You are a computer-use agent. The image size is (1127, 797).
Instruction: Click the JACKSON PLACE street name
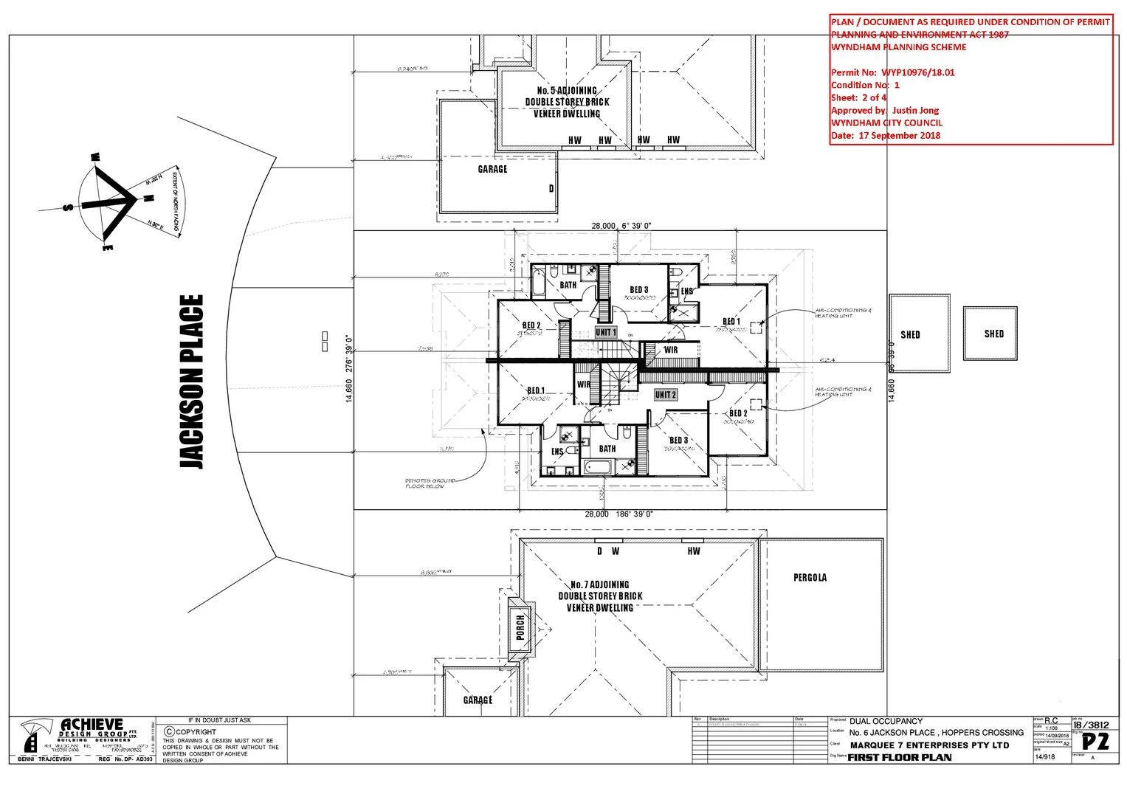tap(191, 381)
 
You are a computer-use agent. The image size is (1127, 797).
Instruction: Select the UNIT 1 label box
tap(605, 332)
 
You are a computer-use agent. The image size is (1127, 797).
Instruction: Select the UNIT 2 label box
tap(665, 395)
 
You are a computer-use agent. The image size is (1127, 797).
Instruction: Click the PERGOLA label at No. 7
tap(810, 578)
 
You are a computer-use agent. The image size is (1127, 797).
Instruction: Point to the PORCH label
tap(520, 627)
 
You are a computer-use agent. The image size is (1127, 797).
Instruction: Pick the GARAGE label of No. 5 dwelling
tap(492, 169)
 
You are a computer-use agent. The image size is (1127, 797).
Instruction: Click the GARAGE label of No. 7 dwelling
tap(478, 700)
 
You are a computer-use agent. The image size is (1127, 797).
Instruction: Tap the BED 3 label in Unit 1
tap(638, 290)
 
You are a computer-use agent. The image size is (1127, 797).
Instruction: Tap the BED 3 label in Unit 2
tap(678, 441)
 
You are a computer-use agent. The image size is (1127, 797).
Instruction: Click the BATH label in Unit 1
tap(568, 285)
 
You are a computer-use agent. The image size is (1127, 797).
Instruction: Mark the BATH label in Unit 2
tap(607, 449)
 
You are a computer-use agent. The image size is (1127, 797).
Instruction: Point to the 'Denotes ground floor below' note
tap(429, 483)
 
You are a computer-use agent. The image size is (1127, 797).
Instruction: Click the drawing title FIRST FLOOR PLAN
tap(899, 757)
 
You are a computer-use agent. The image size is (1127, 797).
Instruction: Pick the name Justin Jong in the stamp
tap(915, 110)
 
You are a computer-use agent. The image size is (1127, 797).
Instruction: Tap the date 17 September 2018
tap(899, 136)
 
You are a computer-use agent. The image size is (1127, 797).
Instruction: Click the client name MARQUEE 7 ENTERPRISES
tap(928, 745)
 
